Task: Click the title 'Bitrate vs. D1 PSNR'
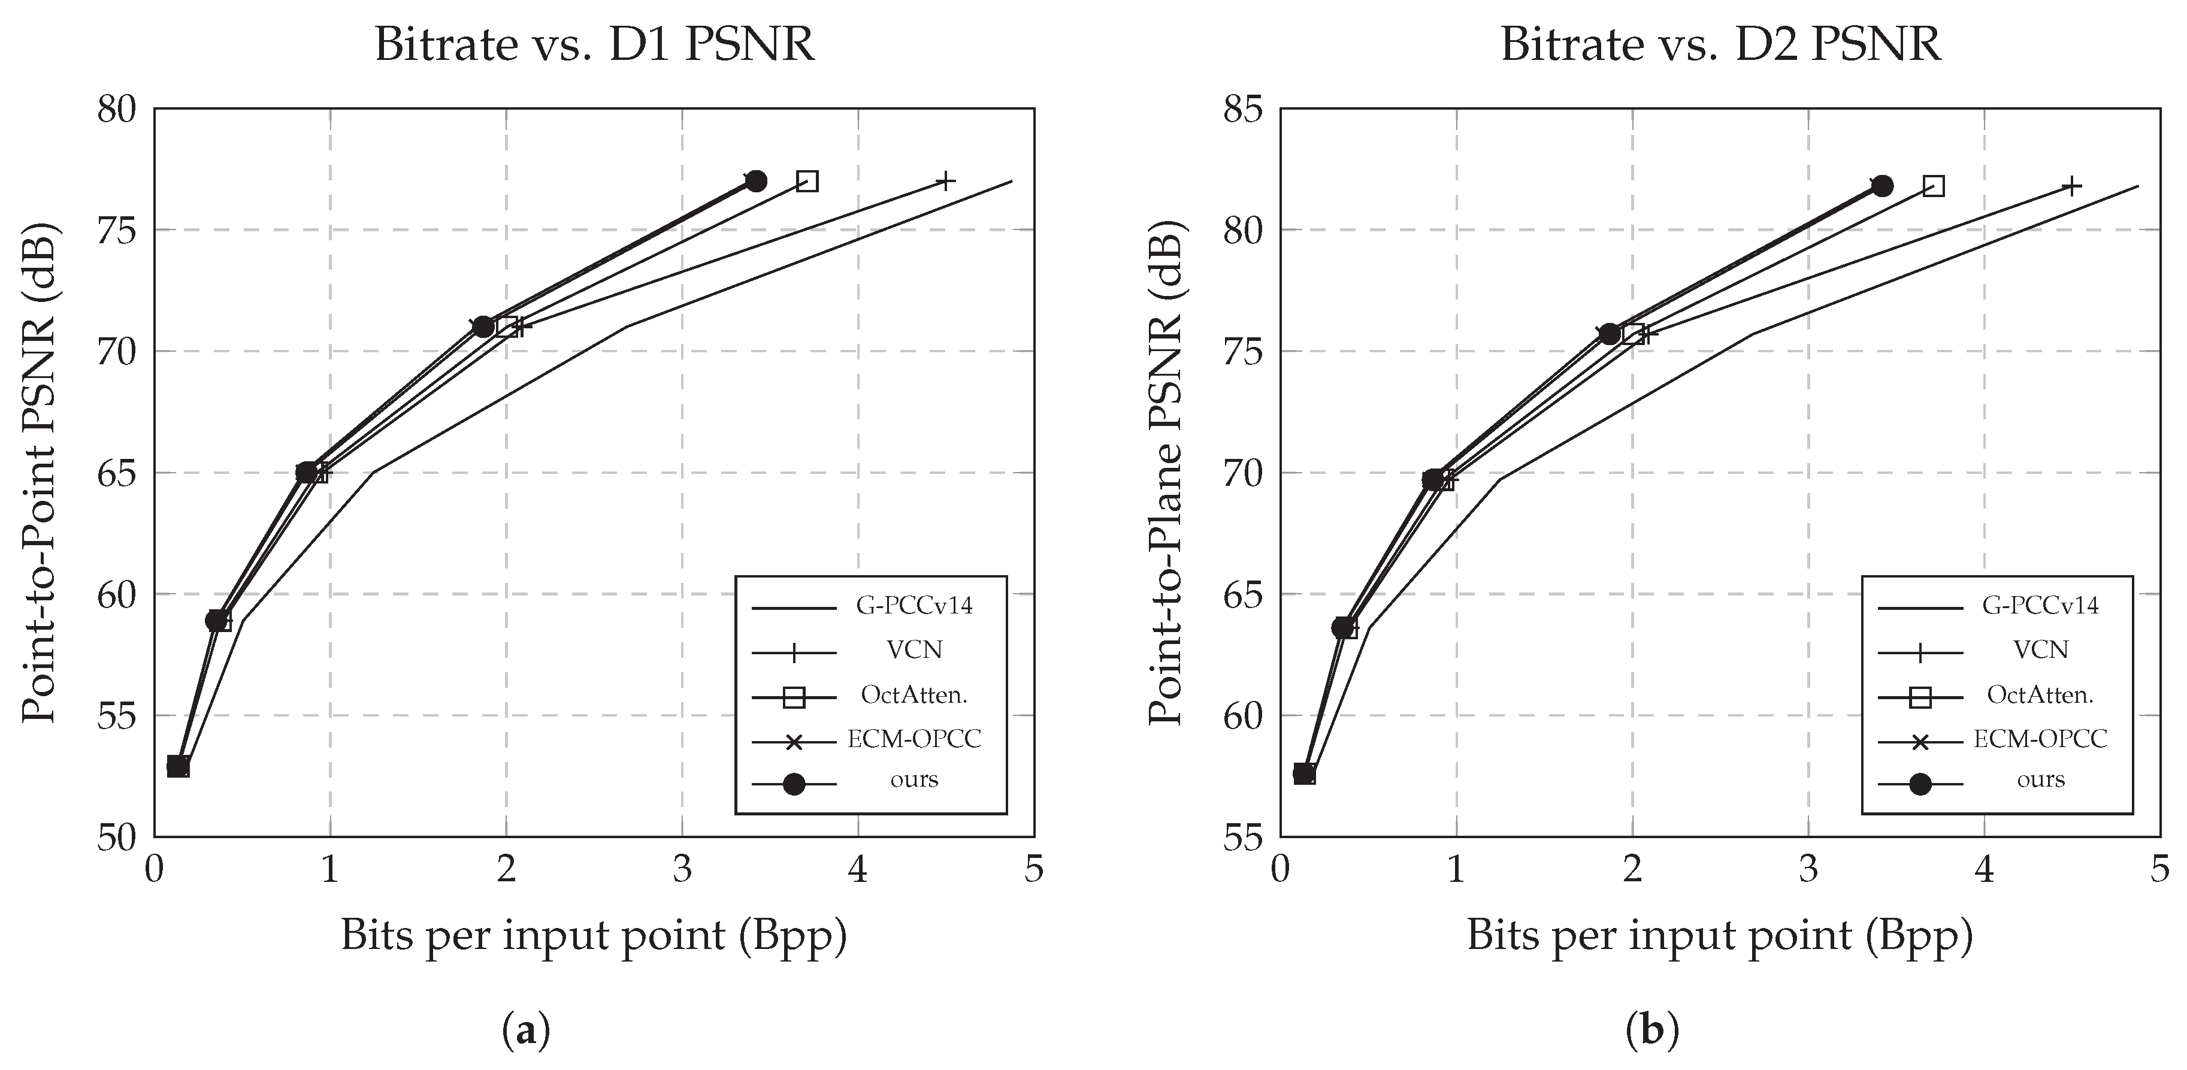(594, 44)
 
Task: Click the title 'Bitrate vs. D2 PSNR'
(1721, 44)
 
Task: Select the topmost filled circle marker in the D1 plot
(755, 181)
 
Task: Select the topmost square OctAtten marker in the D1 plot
(807, 181)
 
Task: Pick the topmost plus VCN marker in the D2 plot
(2071, 186)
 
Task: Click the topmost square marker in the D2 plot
(1933, 186)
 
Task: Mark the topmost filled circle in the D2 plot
(1882, 186)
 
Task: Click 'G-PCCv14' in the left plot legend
(913, 606)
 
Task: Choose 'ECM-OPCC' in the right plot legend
(2040, 739)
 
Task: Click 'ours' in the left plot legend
(913, 779)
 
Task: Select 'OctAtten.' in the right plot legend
(2040, 694)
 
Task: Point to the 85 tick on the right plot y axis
(1243, 110)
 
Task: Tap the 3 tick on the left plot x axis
(682, 869)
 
